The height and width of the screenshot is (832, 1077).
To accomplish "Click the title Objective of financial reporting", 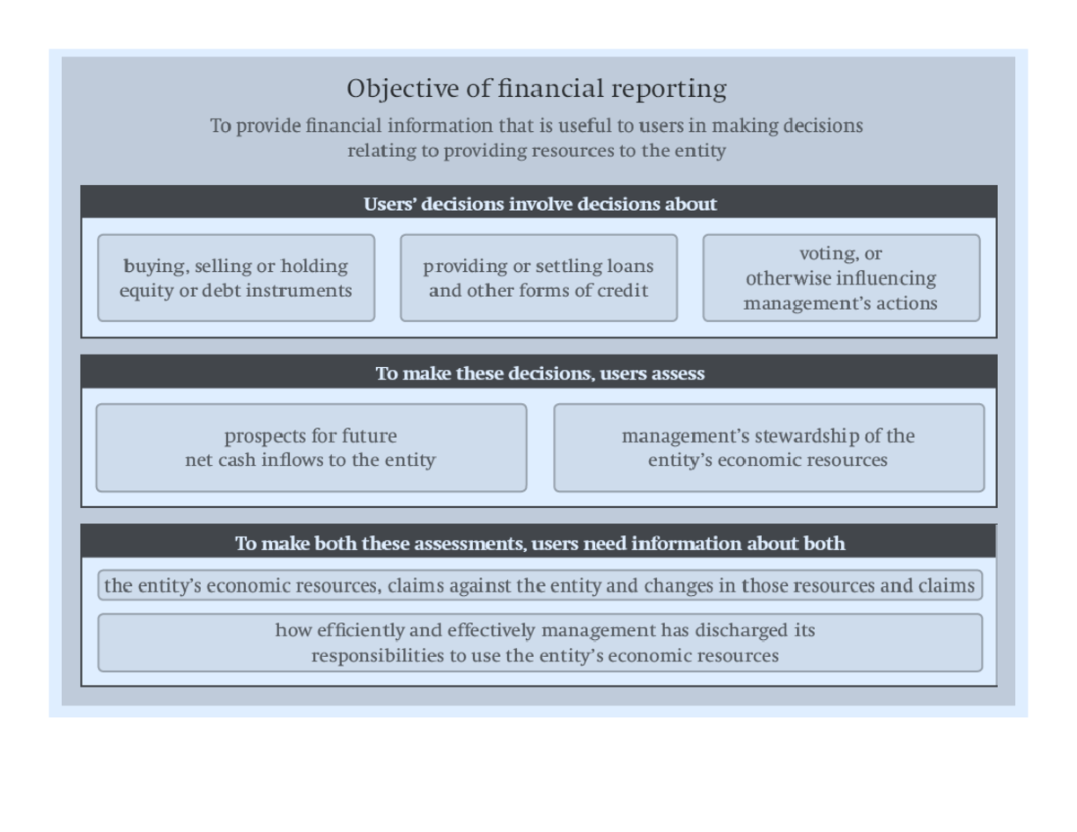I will (537, 89).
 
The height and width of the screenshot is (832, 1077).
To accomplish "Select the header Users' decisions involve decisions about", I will (539, 204).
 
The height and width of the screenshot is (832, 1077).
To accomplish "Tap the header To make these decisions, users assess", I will (539, 373).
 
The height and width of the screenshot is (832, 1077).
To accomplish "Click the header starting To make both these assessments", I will (539, 544).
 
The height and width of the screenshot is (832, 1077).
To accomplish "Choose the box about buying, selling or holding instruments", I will (236, 278).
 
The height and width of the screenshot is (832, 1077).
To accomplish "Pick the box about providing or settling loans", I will (538, 278).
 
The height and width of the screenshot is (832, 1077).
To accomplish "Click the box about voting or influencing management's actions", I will (841, 278).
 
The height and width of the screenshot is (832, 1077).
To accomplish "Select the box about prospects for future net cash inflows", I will (311, 448).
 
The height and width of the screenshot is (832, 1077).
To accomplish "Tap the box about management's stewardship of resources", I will (768, 448).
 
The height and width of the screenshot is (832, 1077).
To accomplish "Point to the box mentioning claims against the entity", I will (539, 586).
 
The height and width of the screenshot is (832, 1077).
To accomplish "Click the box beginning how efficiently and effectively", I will (539, 643).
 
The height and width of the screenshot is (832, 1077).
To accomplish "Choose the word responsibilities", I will (378, 656).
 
